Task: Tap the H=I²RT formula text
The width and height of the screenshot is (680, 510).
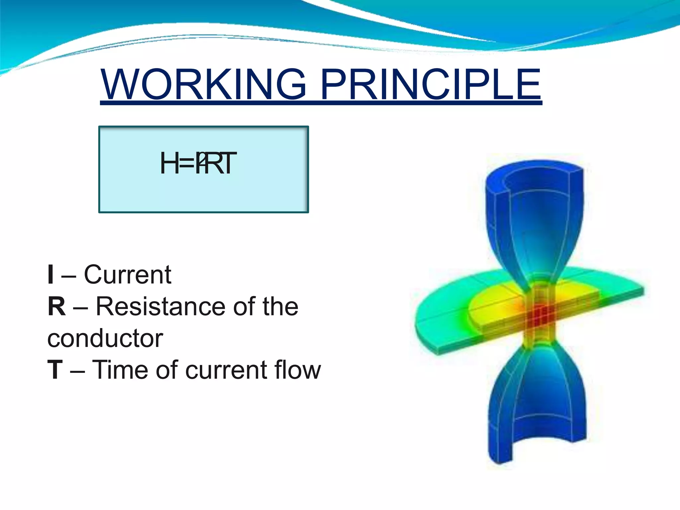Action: tap(198, 163)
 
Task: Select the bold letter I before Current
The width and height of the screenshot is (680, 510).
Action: tap(50, 275)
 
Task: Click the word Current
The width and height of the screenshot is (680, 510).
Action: tap(127, 275)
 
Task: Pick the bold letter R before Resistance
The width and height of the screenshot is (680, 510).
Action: tap(56, 306)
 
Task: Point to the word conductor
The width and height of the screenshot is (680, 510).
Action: tap(105, 339)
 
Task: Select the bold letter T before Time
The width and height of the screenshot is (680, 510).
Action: tap(55, 370)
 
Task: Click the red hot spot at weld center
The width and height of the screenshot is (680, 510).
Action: tap(540, 314)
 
